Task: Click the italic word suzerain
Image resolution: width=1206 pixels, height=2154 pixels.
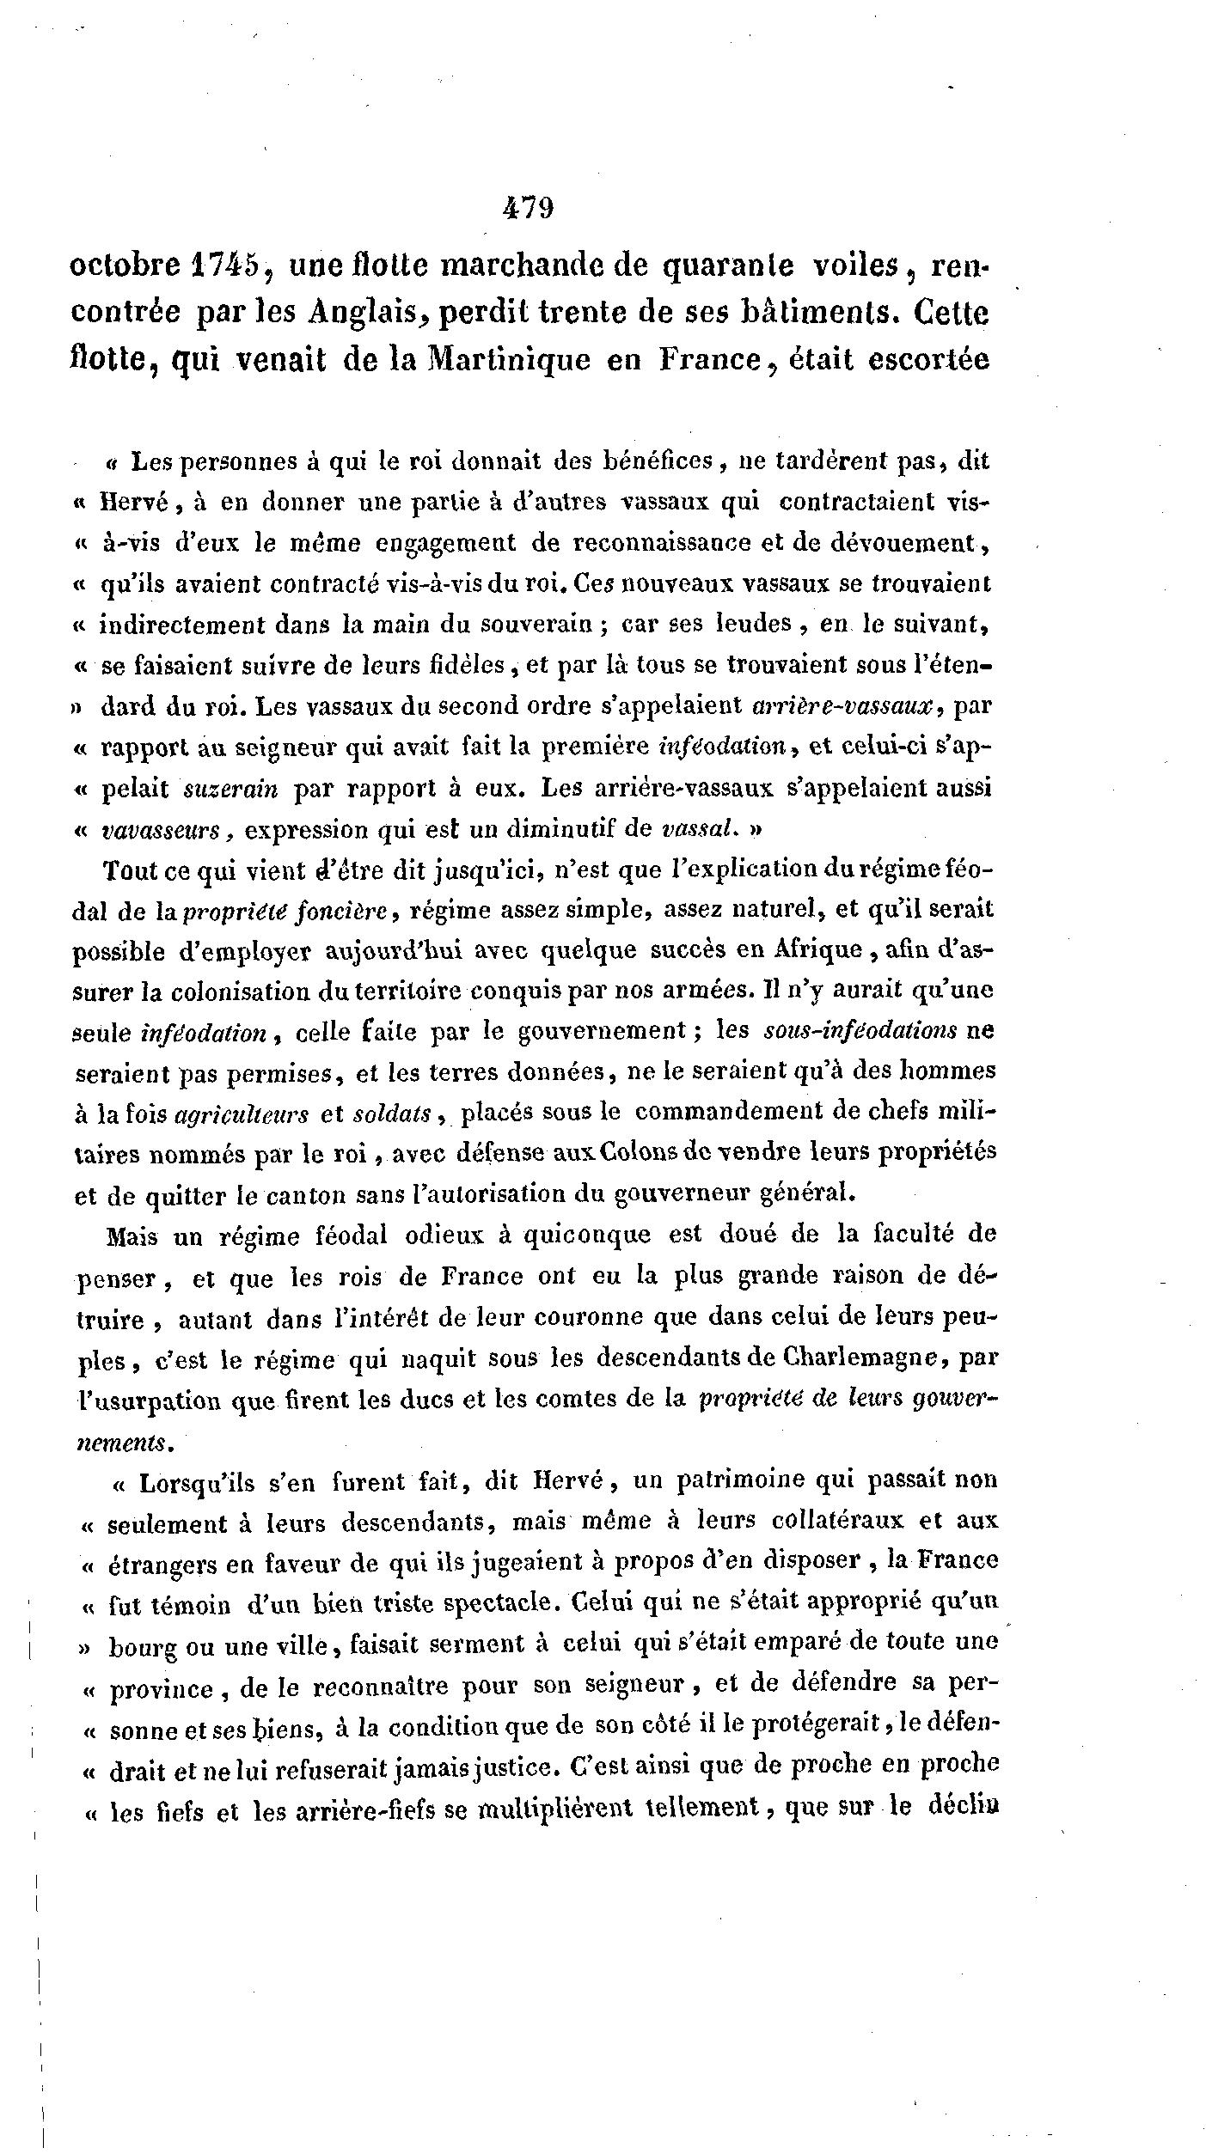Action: point(231,789)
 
